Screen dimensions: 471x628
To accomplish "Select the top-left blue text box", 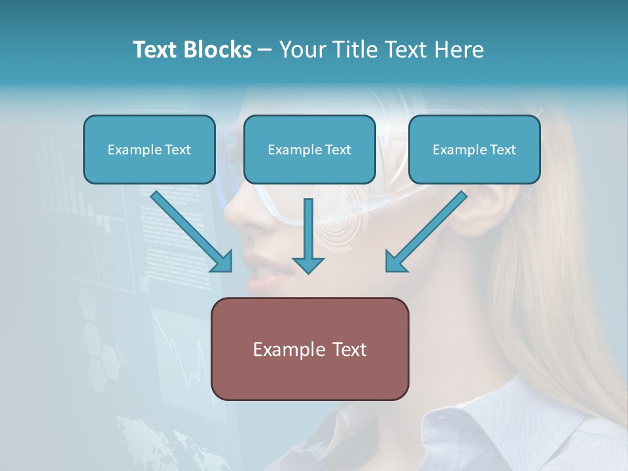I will (149, 149).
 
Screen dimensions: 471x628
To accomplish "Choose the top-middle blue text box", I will (309, 149).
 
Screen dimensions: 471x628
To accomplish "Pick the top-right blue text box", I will (474, 149).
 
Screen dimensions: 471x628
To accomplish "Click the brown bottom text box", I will (309, 349).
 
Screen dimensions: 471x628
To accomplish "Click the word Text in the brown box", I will (349, 349).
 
